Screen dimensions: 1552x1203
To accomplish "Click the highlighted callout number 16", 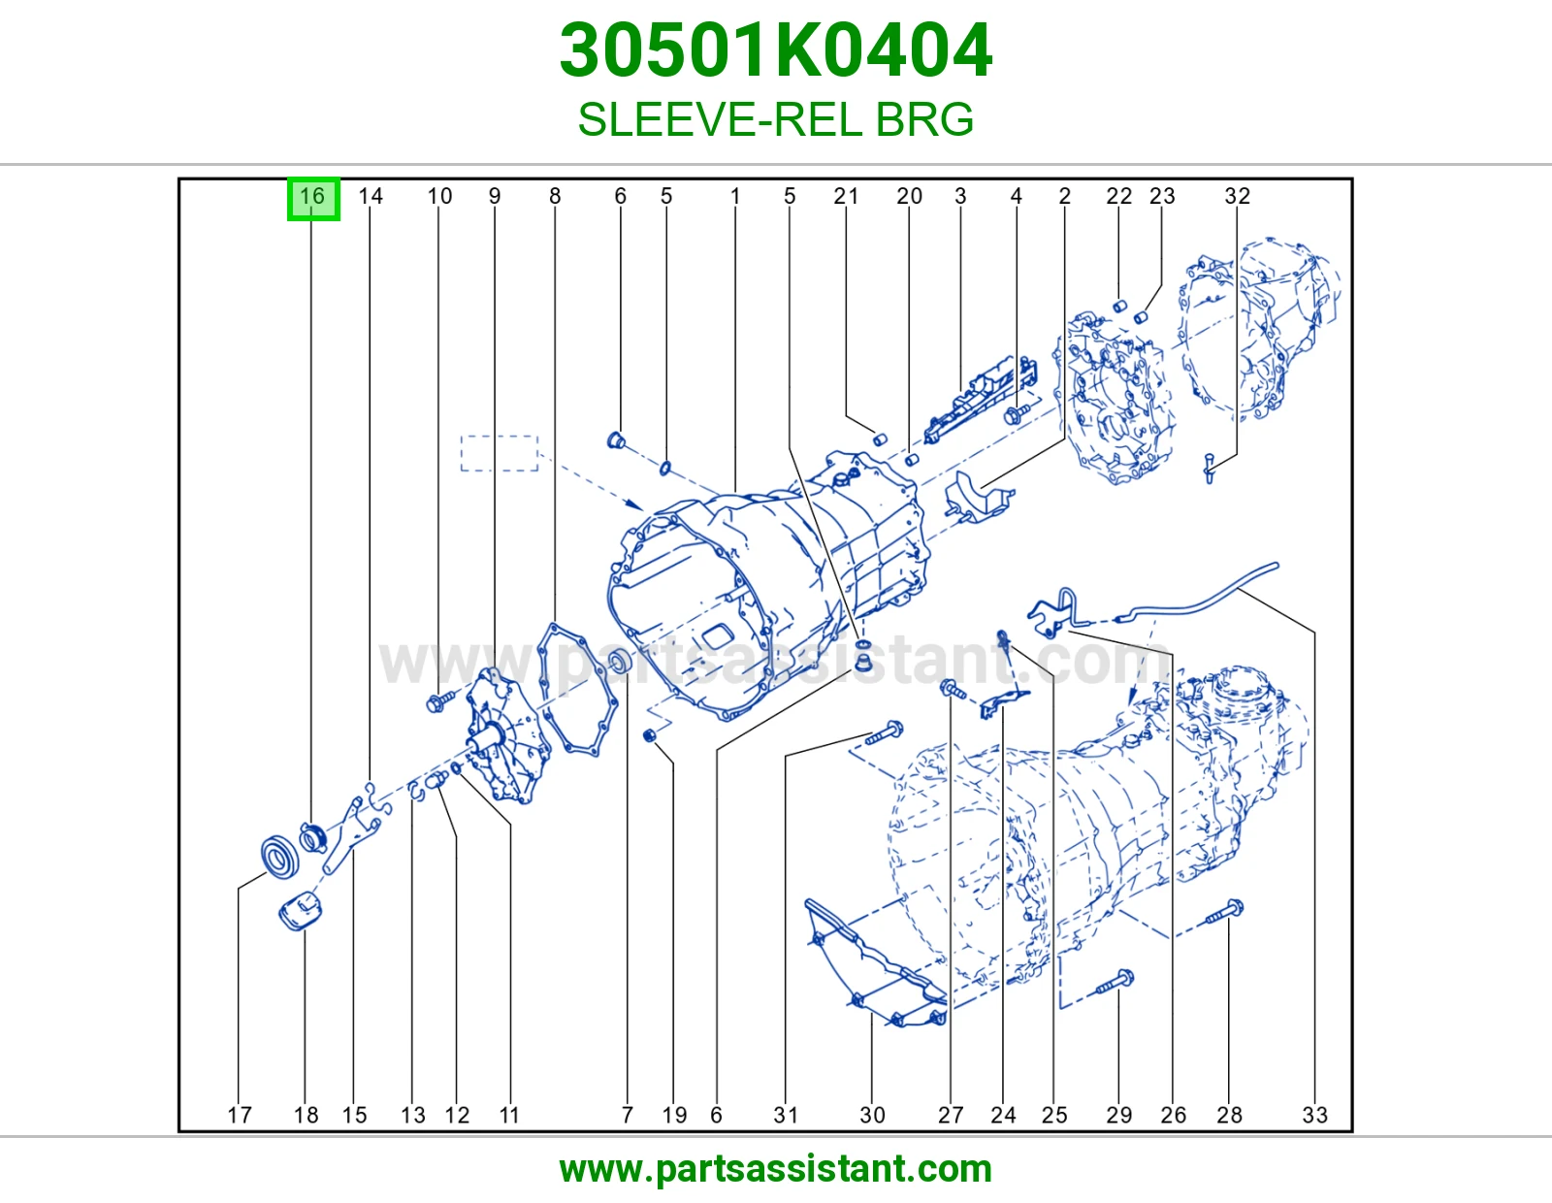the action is (x=313, y=197).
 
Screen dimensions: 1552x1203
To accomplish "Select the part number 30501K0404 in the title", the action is (x=776, y=50).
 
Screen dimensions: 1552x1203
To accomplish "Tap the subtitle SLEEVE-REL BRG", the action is (x=776, y=119).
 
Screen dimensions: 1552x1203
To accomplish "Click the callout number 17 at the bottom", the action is (x=240, y=1115).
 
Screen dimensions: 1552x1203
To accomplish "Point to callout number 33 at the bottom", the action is (x=1315, y=1115).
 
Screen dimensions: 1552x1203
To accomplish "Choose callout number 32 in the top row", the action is (x=1237, y=196).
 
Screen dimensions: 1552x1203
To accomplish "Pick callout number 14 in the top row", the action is (x=370, y=196).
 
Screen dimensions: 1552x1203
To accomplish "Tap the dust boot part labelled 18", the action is (x=300, y=912).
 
